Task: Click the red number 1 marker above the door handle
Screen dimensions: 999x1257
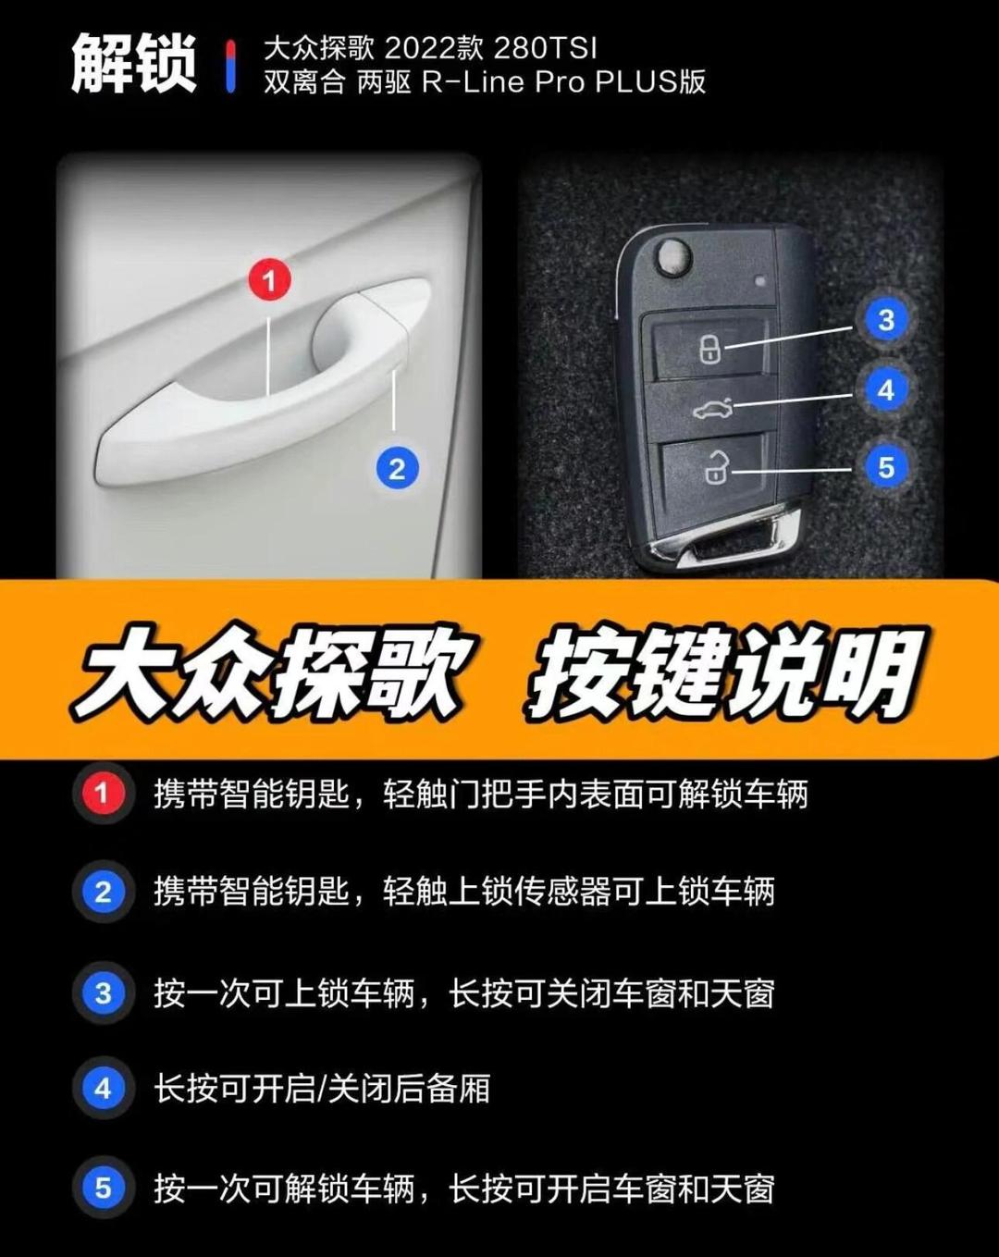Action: click(269, 280)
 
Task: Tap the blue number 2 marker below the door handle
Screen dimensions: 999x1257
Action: click(397, 468)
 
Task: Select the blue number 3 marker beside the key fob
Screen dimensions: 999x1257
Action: click(886, 320)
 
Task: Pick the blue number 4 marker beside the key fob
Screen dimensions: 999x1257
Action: click(886, 390)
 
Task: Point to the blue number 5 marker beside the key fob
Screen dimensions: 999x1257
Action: click(886, 467)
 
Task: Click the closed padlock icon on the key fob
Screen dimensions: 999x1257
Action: click(709, 348)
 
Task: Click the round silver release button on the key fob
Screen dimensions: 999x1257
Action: click(673, 256)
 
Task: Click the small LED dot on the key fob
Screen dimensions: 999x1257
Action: click(760, 281)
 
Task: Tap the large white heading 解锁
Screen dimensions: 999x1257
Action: click(134, 64)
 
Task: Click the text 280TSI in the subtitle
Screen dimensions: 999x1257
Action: click(545, 48)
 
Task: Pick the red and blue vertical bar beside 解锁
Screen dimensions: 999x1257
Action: click(231, 66)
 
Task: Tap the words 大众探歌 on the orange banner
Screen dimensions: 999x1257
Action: click(274, 673)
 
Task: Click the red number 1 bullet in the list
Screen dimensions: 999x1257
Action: click(103, 794)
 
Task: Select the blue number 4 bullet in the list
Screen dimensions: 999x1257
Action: click(103, 1088)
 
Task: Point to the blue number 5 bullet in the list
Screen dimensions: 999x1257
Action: click(103, 1188)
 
